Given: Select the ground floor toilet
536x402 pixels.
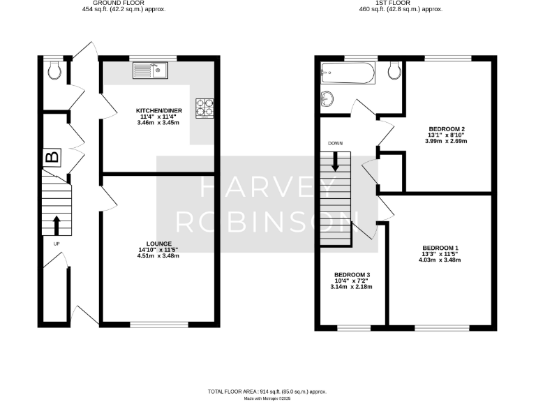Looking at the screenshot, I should pos(54,70).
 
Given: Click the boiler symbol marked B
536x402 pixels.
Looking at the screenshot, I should pos(52,158).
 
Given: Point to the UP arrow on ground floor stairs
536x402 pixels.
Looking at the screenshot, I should pos(56,225).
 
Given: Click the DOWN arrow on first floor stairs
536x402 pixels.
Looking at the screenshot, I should pos(336,162).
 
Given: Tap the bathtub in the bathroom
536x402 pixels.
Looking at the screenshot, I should pos(348,71).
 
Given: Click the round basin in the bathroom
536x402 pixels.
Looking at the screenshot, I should pos(328,98).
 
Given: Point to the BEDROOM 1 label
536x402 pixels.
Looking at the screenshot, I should pos(440,248).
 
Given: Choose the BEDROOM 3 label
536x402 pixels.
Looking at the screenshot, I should pos(352,274).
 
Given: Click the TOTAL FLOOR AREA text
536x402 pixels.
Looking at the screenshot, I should pos(267,392).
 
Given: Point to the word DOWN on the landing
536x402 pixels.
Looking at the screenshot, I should pos(335,143).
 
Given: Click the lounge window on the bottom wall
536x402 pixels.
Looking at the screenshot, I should pos(159,324).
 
